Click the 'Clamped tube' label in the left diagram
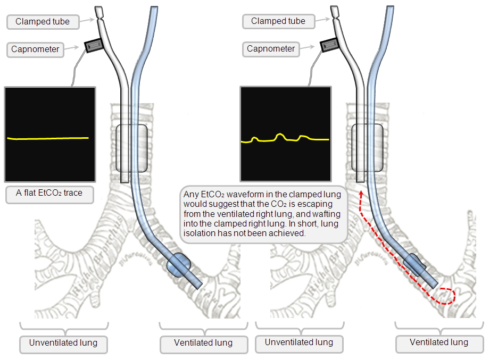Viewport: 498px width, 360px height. pyautogui.click(x=42, y=22)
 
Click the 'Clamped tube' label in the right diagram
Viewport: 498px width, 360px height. pyautogui.click(x=278, y=21)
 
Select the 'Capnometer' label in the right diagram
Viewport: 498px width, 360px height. pyautogui.click(x=270, y=49)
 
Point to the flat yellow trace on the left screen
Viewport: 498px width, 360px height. pyautogui.click(x=48, y=138)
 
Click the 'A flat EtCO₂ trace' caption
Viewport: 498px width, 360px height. pyautogui.click(x=49, y=193)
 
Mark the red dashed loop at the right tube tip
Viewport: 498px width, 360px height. pyautogui.click(x=444, y=296)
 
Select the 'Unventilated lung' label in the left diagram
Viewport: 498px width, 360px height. pyautogui.click(x=63, y=343)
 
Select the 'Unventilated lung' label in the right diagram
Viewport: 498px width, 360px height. pyautogui.click(x=299, y=342)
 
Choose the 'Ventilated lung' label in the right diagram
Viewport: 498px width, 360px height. pyautogui.click(x=439, y=343)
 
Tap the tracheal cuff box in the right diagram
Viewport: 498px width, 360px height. pyautogui.click(x=367, y=147)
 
